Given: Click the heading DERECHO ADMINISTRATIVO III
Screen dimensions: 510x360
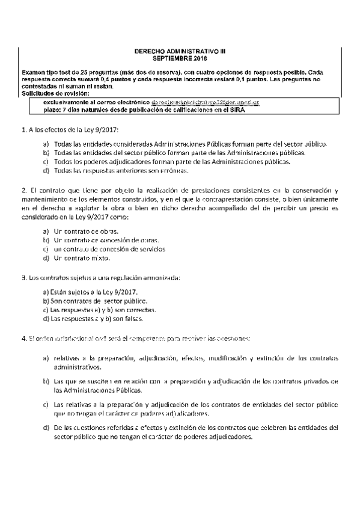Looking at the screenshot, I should coord(180,52).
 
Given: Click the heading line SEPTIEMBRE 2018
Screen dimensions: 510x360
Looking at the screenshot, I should coord(180,59).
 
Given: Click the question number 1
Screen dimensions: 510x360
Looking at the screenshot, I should coord(22,129).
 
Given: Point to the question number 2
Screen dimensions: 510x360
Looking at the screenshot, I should coord(22,190).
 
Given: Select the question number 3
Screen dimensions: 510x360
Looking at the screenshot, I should coord(22,277).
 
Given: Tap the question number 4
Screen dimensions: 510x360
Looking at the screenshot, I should coord(22,339).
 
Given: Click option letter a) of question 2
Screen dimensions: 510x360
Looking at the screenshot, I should coord(46,231).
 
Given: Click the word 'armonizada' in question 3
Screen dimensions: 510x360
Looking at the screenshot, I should coord(161,277).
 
